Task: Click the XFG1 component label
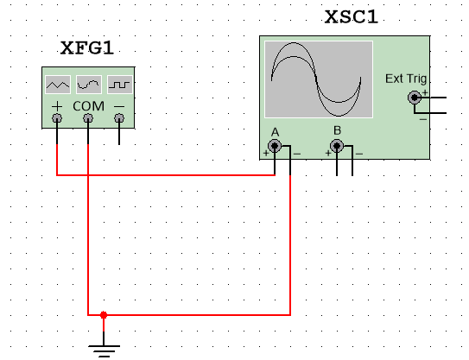[x=87, y=47]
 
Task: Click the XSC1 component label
[x=352, y=16]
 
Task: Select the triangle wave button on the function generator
[x=58, y=85]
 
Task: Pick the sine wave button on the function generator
[x=89, y=85]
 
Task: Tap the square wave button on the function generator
[x=120, y=85]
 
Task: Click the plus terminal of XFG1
[x=57, y=118]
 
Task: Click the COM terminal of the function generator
[x=88, y=118]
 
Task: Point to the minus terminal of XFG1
[x=119, y=118]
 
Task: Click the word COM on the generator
[x=89, y=106]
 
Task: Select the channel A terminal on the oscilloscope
[x=275, y=146]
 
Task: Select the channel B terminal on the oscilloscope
[x=337, y=146]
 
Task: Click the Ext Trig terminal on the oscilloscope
[x=415, y=98]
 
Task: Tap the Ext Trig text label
[x=406, y=79]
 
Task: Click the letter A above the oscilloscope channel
[x=275, y=132]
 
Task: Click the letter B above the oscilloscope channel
[x=337, y=130]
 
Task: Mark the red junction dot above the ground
[x=104, y=315]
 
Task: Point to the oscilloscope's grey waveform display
[x=319, y=79]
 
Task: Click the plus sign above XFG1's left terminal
[x=57, y=106]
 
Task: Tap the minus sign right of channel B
[x=359, y=154]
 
